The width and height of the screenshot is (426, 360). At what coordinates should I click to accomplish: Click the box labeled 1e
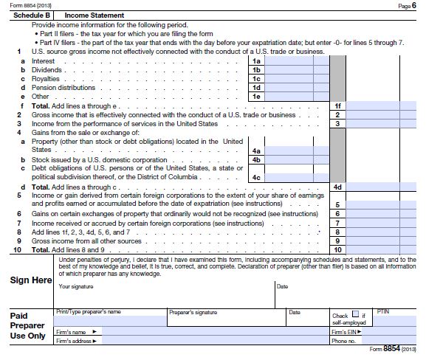pos(257,96)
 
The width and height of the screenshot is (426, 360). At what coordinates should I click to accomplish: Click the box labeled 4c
pos(257,177)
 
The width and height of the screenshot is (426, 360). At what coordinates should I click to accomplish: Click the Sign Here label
pos(30,280)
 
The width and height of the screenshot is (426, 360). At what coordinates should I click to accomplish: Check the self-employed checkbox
pos(356,314)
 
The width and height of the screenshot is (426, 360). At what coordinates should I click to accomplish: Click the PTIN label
pos(382,311)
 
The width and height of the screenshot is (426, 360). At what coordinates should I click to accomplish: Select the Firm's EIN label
pos(345,332)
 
